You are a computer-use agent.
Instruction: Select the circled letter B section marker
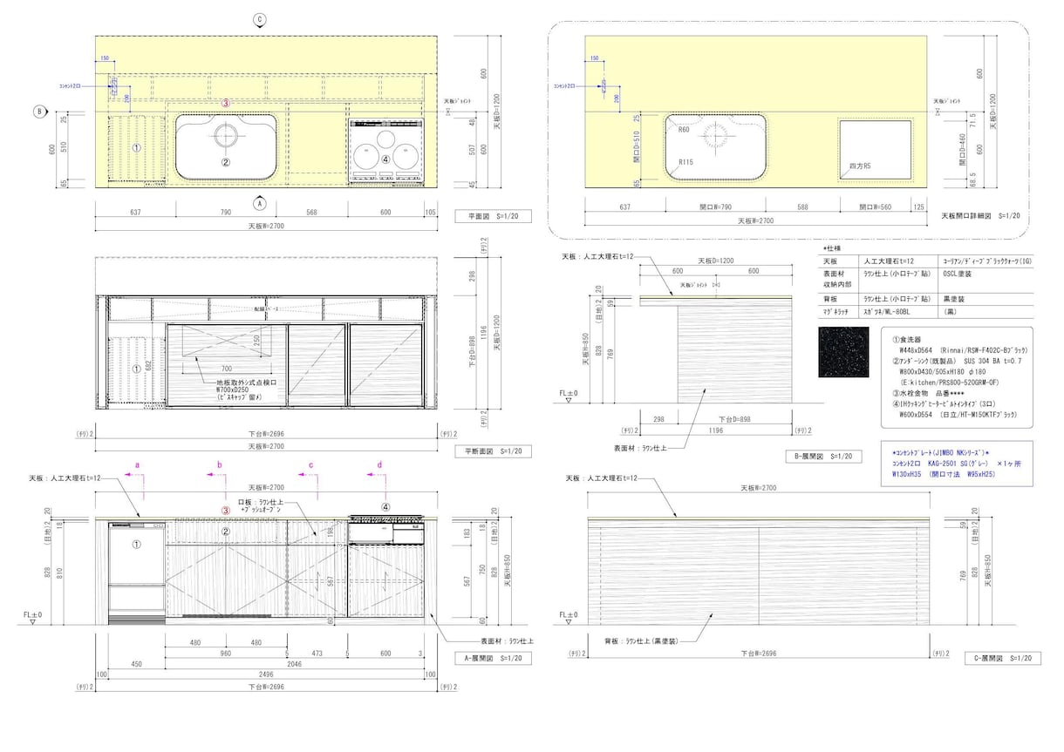coord(39,112)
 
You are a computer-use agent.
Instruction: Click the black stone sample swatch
coord(843,352)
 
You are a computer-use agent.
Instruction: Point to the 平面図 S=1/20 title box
coord(493,216)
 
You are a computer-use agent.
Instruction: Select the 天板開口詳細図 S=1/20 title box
coord(979,215)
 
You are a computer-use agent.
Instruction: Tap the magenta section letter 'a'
coord(137,465)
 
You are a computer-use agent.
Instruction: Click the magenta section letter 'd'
coord(379,465)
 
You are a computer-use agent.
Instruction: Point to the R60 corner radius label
coord(684,129)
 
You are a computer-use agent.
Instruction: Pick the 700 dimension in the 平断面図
coord(227,369)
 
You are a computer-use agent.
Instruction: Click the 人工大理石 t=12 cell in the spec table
coord(887,261)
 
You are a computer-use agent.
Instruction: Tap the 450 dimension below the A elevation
coord(136,664)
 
